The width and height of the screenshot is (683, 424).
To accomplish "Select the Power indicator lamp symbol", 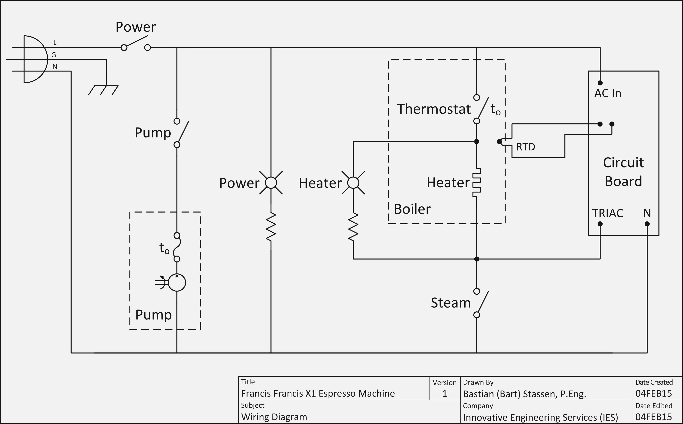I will (271, 183).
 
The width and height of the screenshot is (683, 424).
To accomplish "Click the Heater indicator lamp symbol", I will (353, 183).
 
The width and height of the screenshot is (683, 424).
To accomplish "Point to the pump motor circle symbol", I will (177, 282).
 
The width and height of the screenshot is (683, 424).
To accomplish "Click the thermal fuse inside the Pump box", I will (177, 247).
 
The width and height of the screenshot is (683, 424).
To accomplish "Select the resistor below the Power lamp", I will (271, 227).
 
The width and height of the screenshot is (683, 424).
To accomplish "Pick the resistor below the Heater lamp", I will (353, 227).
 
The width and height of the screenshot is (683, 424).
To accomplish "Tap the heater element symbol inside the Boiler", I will (476, 183).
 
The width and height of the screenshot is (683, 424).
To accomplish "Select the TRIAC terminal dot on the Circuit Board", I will (600, 224).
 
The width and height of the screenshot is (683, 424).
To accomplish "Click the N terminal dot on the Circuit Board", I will (647, 224).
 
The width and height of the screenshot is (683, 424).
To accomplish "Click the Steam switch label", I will (450, 303).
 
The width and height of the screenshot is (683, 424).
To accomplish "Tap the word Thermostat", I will (433, 109).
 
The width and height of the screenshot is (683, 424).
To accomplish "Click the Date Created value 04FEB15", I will (654, 393).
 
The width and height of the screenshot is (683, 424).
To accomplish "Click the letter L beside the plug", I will (55, 43).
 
